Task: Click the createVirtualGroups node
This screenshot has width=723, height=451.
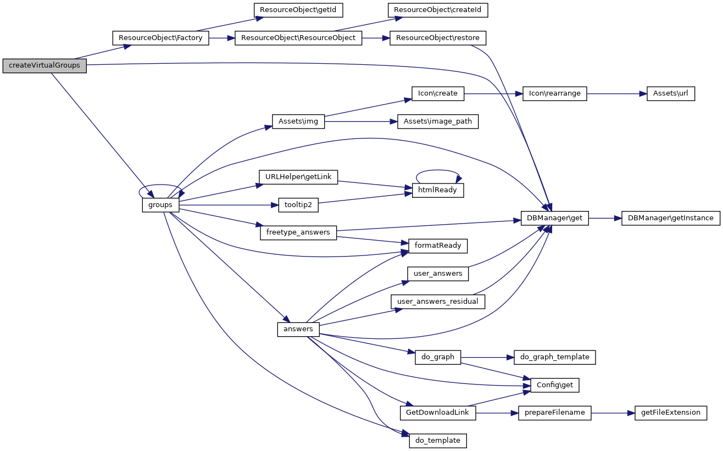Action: (45, 66)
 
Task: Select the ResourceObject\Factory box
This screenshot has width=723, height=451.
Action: (160, 38)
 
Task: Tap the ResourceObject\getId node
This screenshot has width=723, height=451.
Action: (293, 10)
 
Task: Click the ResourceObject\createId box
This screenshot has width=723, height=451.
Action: (438, 10)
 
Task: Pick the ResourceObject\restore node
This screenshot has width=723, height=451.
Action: (438, 38)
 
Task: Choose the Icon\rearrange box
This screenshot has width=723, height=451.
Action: (555, 93)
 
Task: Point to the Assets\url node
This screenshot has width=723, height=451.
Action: (671, 93)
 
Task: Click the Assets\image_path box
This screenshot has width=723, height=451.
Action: (437, 121)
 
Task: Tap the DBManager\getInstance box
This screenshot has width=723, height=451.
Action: (670, 218)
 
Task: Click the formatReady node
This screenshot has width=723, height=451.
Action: (437, 246)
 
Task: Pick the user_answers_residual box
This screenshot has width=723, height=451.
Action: (438, 301)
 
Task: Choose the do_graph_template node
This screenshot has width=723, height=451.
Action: (554, 357)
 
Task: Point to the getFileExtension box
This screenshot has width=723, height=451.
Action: (670, 413)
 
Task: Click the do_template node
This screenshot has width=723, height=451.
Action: (438, 441)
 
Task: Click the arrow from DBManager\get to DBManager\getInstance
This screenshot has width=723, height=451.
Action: (605, 218)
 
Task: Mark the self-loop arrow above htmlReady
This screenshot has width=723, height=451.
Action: (438, 171)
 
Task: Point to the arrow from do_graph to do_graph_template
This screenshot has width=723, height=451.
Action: (487, 357)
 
